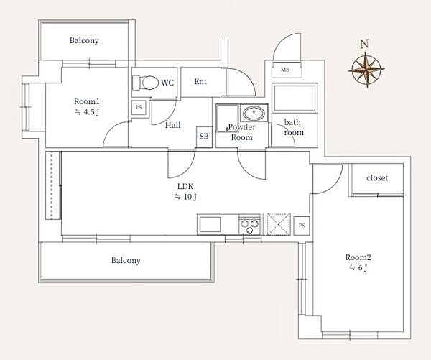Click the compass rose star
[366, 70]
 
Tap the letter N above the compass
[364, 44]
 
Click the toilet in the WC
[146, 83]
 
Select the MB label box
[286, 70]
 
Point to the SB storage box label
[204, 136]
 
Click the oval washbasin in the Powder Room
[254, 113]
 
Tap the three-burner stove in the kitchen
[250, 225]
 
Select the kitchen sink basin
[210, 224]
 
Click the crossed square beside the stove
[279, 224]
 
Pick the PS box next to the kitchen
[302, 226]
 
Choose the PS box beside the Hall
[139, 108]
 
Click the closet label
[377, 178]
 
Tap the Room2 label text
[358, 257]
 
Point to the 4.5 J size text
[87, 112]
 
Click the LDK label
[185, 186]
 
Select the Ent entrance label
[200, 81]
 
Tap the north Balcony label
[84, 40]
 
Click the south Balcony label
[126, 260]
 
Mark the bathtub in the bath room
[295, 98]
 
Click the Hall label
[173, 125]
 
